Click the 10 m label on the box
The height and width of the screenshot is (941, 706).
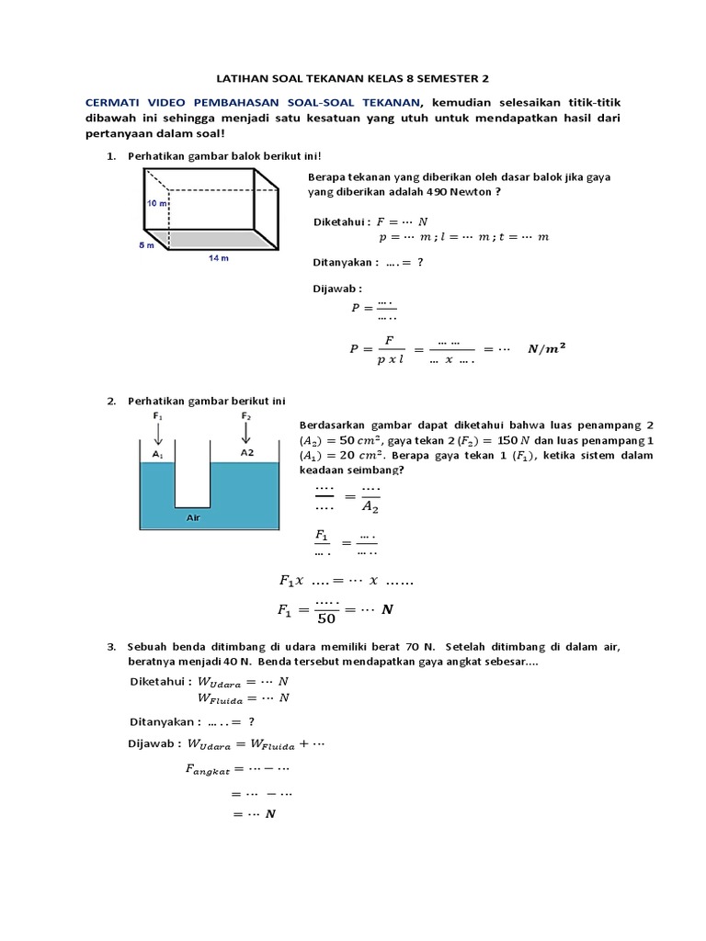pyautogui.click(x=155, y=203)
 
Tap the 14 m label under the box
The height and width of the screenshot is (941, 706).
pyautogui.click(x=218, y=258)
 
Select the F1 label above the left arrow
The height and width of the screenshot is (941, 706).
pyautogui.click(x=157, y=416)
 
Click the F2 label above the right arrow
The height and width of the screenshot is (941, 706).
pyautogui.click(x=246, y=416)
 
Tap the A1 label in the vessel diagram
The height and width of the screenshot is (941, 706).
pyautogui.click(x=157, y=454)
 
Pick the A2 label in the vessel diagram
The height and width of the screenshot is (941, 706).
pyautogui.click(x=246, y=453)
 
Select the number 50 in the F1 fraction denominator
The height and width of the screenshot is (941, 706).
pyautogui.click(x=326, y=618)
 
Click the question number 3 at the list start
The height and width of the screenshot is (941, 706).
pyautogui.click(x=110, y=647)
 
